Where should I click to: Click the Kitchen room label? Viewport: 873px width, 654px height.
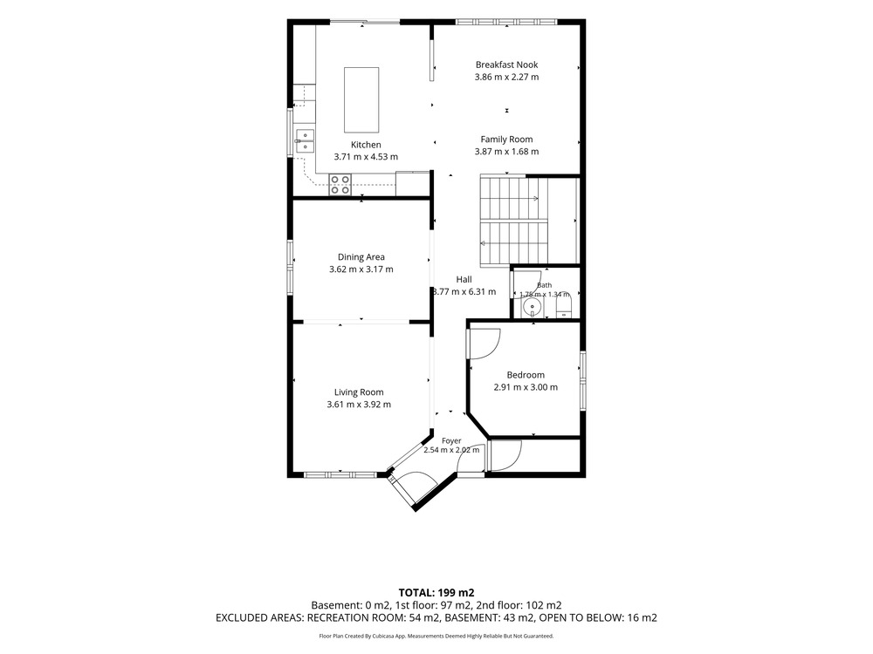click(366, 145)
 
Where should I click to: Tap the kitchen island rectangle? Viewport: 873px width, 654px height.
click(361, 99)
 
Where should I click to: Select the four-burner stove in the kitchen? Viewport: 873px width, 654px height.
click(340, 185)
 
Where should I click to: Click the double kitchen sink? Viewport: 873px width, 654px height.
click(305, 140)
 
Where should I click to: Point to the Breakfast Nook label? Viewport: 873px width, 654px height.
click(506, 65)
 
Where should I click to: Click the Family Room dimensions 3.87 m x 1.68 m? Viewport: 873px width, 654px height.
click(506, 151)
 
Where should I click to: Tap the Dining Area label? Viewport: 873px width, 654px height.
click(361, 257)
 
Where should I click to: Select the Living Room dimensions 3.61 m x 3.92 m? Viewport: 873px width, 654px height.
click(359, 405)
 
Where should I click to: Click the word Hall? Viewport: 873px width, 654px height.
click(464, 279)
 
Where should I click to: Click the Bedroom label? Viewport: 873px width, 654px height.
click(526, 375)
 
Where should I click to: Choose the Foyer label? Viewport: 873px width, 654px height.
click(451, 441)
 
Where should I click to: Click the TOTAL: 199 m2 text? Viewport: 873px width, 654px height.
click(436, 593)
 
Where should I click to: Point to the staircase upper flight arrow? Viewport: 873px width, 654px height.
click(510, 198)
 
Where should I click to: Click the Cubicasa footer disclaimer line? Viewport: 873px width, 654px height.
click(436, 636)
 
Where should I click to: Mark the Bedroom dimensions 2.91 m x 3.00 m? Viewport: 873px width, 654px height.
click(526, 387)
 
